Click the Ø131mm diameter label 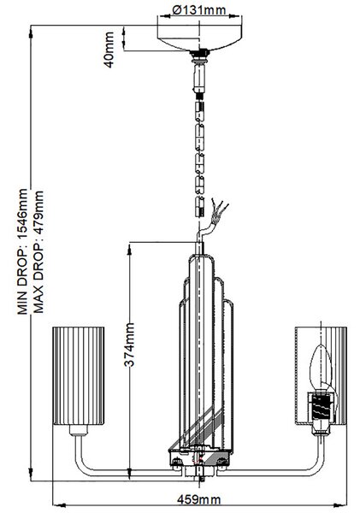pyautogui.click(x=199, y=10)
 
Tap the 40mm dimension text pyautogui.click(x=109, y=50)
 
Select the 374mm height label pyautogui.click(x=130, y=345)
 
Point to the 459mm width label pyautogui.click(x=199, y=500)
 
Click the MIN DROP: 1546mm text pyautogui.click(x=22, y=251)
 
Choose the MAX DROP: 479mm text pyautogui.click(x=38, y=252)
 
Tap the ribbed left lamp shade pyautogui.click(x=79, y=376)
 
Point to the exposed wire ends pyautogui.click(x=219, y=209)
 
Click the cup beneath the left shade pyautogui.click(x=79, y=430)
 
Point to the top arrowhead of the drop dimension pyautogui.click(x=31, y=32)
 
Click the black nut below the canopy pyautogui.click(x=199, y=52)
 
